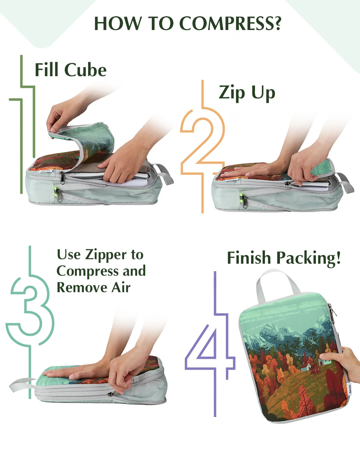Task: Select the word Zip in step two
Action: click(x=232, y=93)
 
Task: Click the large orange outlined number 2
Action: click(x=202, y=146)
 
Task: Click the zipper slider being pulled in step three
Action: click(x=111, y=394)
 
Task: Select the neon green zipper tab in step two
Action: click(x=241, y=196)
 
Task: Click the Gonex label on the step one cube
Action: click(x=46, y=171)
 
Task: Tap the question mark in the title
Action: click(x=277, y=23)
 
